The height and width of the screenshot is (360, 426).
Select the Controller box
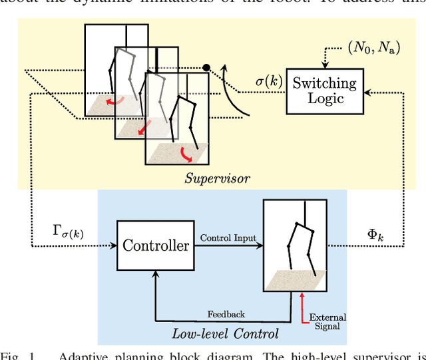pos(156,246)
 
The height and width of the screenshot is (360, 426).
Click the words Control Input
pos(228,238)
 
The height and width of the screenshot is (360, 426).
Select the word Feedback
pos(226,313)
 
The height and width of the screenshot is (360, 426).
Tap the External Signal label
pos(329,321)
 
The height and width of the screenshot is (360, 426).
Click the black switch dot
pos(206,67)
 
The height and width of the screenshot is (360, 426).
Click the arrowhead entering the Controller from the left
pos(113,246)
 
